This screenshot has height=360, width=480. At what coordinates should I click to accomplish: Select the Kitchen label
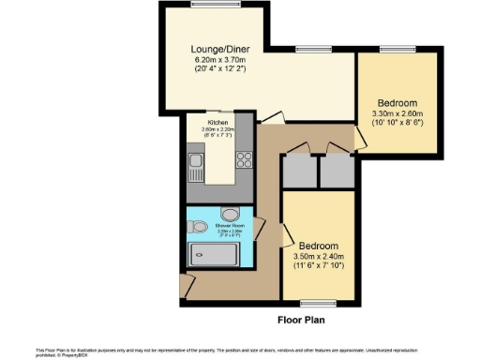[x=218, y=124]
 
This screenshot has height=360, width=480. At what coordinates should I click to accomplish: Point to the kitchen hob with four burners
[x=244, y=158]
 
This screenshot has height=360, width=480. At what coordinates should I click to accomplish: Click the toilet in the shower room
[x=198, y=226]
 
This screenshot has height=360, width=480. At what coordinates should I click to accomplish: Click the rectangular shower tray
[x=215, y=254]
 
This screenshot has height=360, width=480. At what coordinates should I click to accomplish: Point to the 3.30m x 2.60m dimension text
[x=397, y=113]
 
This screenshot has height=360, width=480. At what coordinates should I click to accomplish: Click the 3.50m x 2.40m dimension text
[x=320, y=256]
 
